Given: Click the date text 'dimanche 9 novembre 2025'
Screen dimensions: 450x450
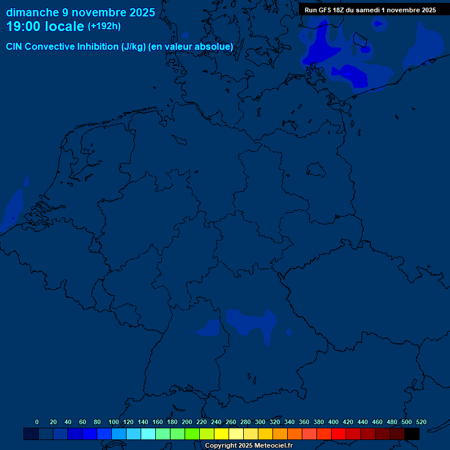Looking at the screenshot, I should (80, 12).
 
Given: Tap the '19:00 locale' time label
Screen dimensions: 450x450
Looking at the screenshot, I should (45, 26).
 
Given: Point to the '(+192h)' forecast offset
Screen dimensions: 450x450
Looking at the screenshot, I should (104, 26).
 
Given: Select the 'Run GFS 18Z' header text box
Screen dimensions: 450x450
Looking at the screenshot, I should (370, 10).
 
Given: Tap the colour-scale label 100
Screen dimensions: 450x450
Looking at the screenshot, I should (114, 422).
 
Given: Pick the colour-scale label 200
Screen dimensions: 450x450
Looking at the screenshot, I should (187, 422).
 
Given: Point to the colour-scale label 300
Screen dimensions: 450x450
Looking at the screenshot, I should (260, 422).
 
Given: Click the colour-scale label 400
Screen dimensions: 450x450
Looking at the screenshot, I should (333, 422).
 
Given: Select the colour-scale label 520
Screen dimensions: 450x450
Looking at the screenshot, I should (421, 422).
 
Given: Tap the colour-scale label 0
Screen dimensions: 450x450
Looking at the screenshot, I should (37, 422).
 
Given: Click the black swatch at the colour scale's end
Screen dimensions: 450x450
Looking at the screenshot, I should (412, 434).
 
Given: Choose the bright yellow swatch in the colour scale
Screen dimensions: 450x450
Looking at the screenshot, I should (221, 434).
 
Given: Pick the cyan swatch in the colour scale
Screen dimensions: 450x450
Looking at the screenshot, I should (148, 434).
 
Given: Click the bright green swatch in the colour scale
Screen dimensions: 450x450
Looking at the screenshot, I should (192, 434).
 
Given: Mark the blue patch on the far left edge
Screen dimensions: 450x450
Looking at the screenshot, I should (11, 210).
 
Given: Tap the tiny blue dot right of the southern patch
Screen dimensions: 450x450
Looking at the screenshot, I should (289, 333).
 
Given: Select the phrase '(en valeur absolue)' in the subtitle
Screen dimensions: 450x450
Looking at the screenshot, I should (191, 47).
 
